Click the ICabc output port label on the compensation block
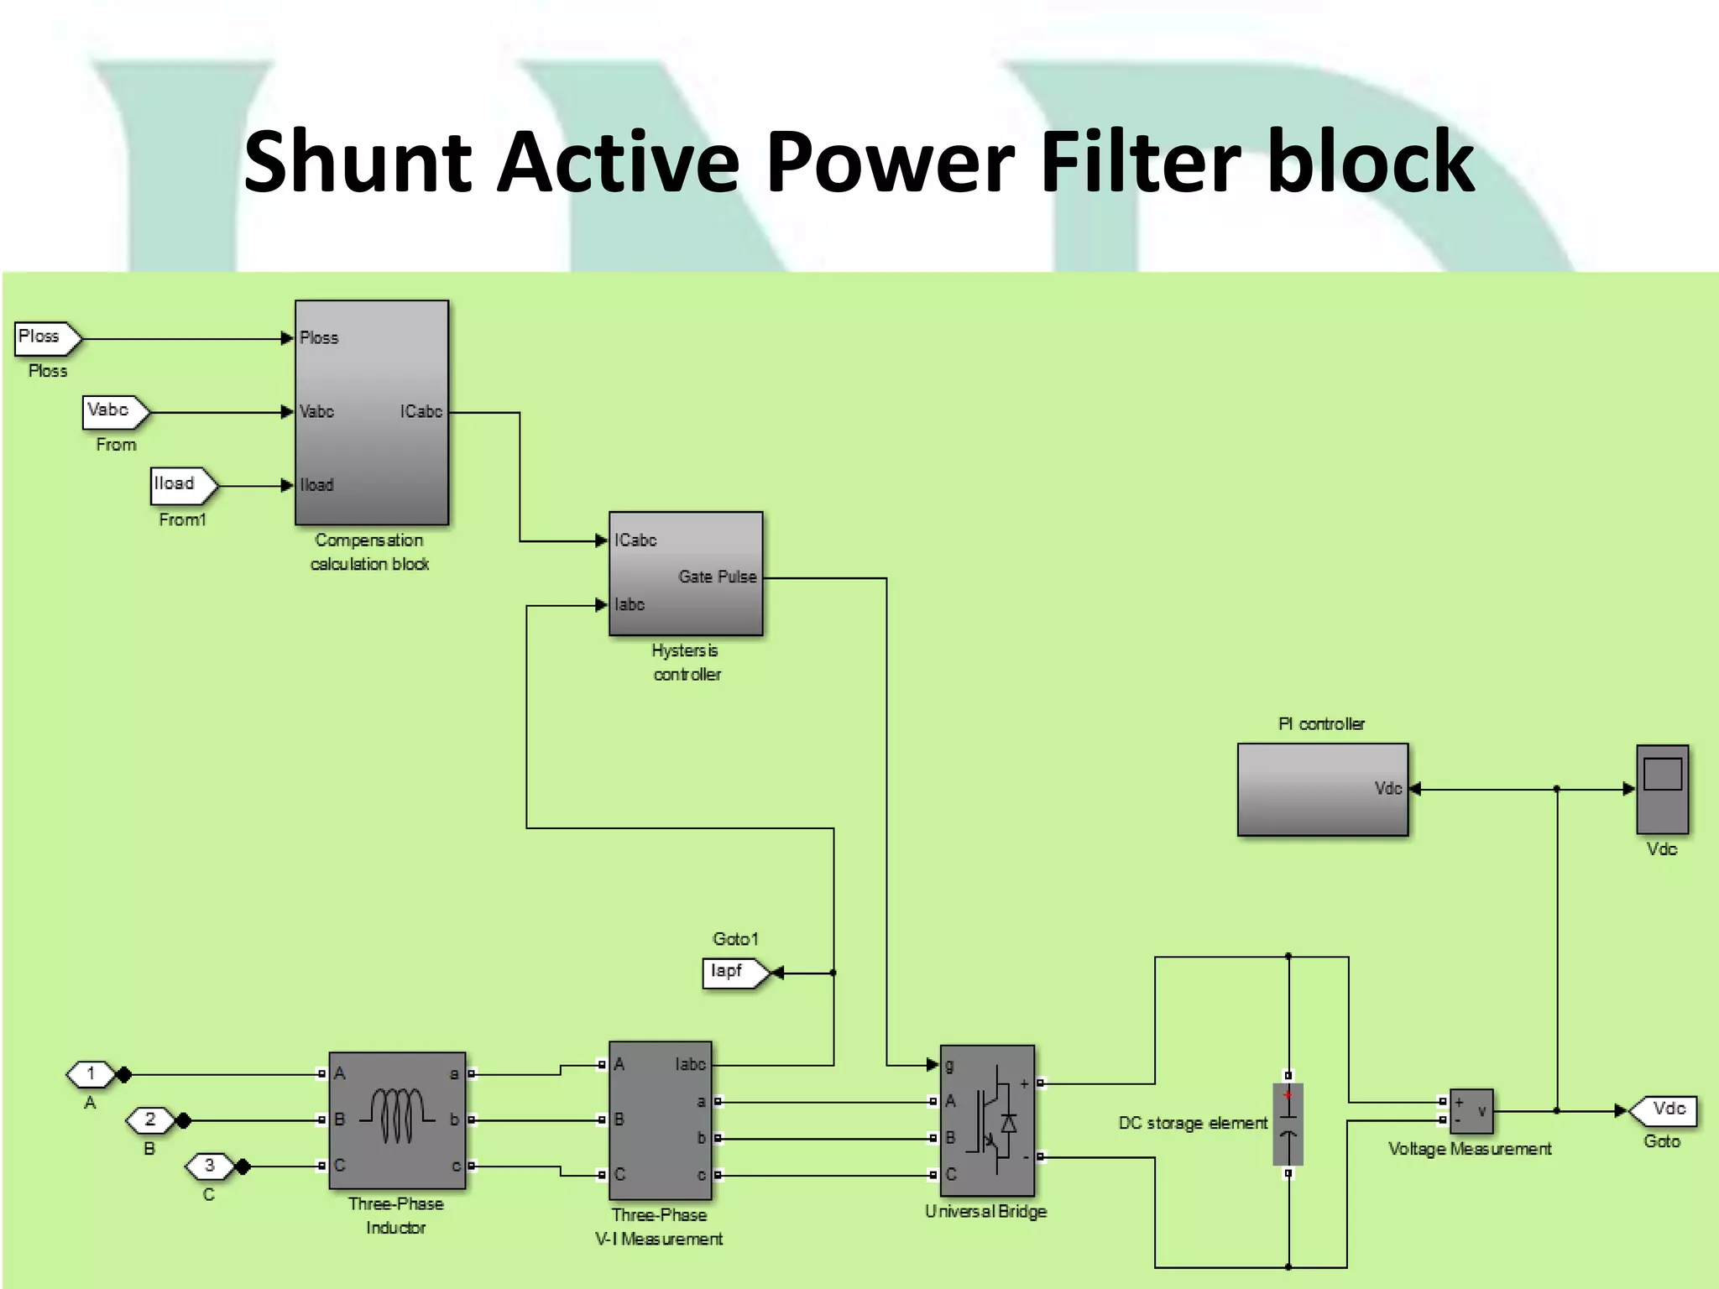click(x=421, y=411)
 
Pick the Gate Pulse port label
click(x=717, y=577)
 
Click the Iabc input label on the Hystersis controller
click(x=630, y=604)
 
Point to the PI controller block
click(x=1322, y=789)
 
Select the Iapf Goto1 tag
click(x=733, y=973)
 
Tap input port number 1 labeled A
click(x=91, y=1073)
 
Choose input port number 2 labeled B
click(x=150, y=1119)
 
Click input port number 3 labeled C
click(x=209, y=1166)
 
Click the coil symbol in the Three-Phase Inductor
click(x=397, y=1117)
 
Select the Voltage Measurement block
click(x=1471, y=1111)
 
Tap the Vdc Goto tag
click(x=1664, y=1110)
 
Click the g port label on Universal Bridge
click(x=949, y=1066)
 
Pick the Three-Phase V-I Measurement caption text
click(x=659, y=1226)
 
